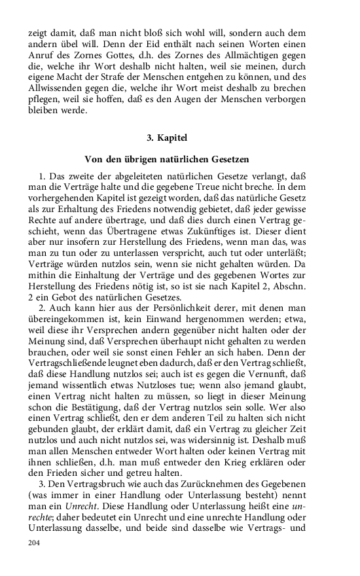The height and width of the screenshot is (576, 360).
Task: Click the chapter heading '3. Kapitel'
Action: (x=168, y=139)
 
